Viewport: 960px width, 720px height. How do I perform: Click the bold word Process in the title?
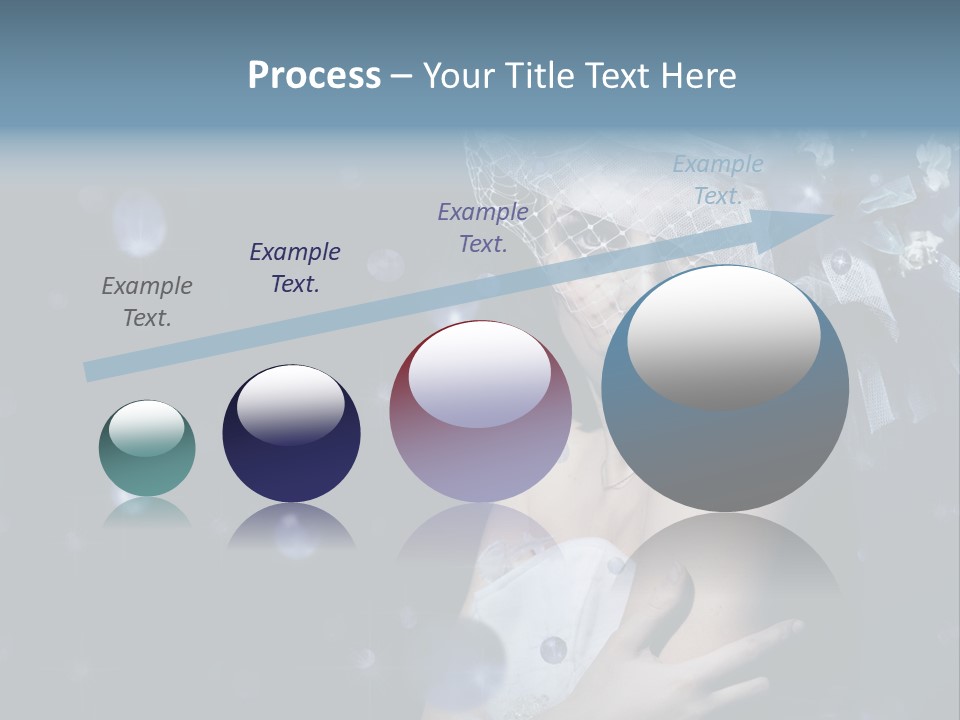(x=314, y=75)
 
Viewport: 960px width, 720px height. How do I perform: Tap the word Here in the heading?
(x=700, y=75)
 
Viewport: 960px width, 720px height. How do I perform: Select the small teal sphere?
(x=147, y=449)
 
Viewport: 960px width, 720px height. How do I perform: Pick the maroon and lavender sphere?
(x=480, y=412)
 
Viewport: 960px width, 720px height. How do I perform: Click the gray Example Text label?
(x=147, y=302)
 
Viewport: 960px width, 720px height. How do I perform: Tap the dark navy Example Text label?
(x=295, y=267)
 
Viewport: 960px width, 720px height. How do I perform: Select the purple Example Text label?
(x=483, y=227)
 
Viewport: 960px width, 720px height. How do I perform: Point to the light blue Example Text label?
(x=718, y=180)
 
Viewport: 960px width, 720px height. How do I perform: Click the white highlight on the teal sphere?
(x=146, y=427)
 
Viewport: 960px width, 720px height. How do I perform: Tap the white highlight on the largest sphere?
(x=723, y=335)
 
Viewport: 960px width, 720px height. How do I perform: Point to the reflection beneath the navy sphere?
(x=291, y=525)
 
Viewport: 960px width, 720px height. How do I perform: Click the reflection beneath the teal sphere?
(x=147, y=512)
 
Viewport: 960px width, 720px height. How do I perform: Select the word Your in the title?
(x=456, y=75)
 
